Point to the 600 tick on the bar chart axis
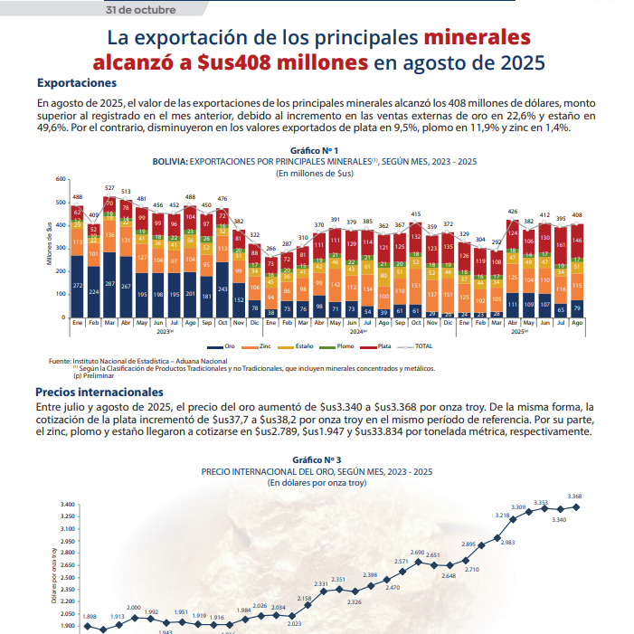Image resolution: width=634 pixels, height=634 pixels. pos(61,178)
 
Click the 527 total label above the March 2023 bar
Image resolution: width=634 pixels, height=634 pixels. pos(109,187)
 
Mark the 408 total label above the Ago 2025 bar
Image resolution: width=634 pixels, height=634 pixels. pos(576,214)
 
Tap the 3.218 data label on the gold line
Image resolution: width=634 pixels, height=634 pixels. pos(502,515)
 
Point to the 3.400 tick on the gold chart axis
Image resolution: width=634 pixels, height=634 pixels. pos(67,505)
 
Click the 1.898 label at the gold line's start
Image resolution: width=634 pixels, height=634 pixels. pos(89,616)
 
